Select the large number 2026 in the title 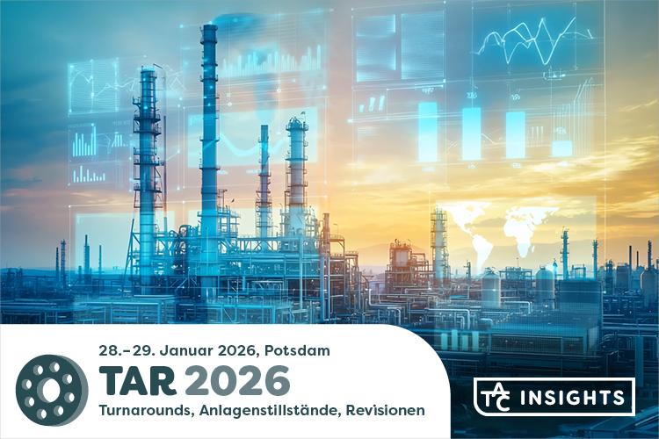click(x=236, y=381)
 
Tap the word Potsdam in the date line click(x=295, y=350)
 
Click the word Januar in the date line click(x=185, y=350)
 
